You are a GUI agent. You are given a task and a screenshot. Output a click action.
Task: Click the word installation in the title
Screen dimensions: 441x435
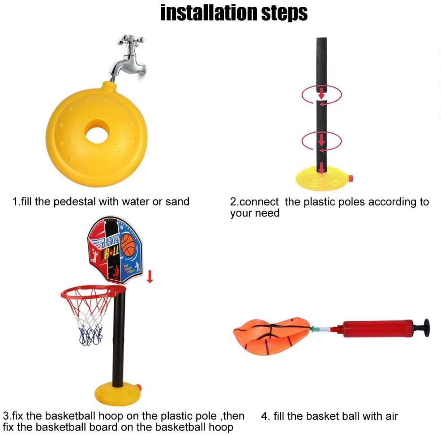pos(209,13)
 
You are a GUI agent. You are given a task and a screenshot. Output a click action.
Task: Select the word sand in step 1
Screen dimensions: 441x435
pos(177,202)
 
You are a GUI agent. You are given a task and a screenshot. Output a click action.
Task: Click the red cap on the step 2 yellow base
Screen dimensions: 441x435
pos(351,178)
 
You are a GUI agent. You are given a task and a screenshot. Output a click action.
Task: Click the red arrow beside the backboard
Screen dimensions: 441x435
pos(150,277)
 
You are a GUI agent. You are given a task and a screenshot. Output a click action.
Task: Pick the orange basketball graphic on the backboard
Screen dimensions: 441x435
pos(129,245)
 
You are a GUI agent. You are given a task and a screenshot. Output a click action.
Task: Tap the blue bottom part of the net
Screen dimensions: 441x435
pos(90,336)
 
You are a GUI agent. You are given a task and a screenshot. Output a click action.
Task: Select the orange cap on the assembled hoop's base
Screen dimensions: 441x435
pos(138,388)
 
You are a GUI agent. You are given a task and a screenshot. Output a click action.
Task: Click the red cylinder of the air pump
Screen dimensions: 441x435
pos(377,328)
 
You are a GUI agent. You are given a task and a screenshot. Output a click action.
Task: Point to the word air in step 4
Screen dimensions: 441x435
pos(391,416)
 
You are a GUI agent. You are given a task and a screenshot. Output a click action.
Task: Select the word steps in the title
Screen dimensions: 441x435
pos(284,14)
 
